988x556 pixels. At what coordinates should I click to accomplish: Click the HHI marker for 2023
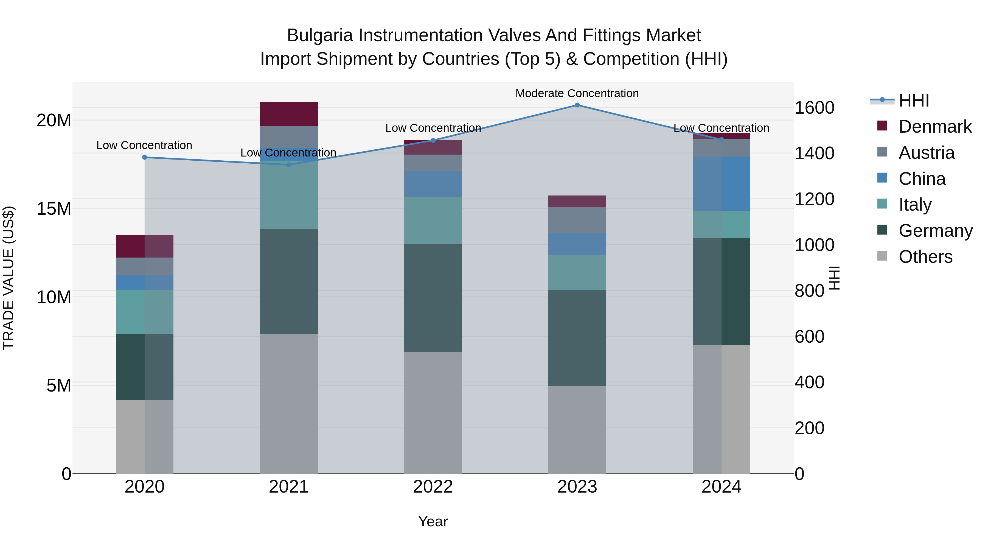[577, 105]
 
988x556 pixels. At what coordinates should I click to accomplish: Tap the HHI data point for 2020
[145, 157]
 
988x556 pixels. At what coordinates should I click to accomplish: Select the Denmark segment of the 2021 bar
[289, 114]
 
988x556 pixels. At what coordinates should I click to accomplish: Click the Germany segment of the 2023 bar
[577, 338]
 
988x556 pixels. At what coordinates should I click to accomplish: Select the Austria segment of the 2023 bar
[577, 220]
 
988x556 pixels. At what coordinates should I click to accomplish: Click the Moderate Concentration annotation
[577, 93]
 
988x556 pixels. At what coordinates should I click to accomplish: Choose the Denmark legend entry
[935, 127]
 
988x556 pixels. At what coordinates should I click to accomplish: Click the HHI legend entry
[914, 100]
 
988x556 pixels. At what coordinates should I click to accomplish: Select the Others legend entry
[925, 257]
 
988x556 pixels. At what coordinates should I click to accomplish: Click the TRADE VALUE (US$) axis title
[9, 278]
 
